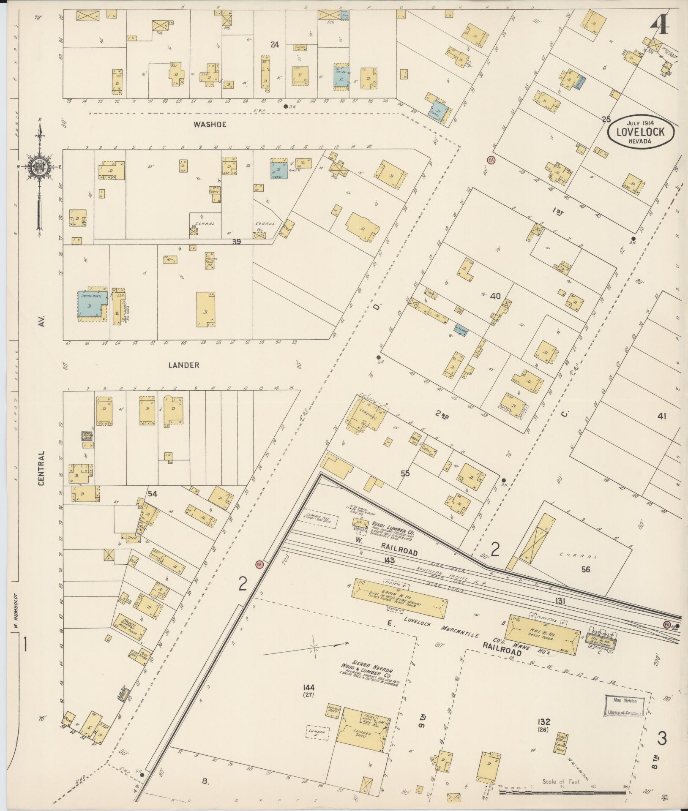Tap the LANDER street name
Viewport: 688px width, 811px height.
click(184, 365)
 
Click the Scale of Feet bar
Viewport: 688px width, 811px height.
click(562, 792)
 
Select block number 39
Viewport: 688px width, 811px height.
click(236, 241)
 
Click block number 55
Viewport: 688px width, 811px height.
click(405, 473)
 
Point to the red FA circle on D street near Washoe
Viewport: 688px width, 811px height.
click(491, 160)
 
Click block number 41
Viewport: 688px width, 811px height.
click(661, 416)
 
